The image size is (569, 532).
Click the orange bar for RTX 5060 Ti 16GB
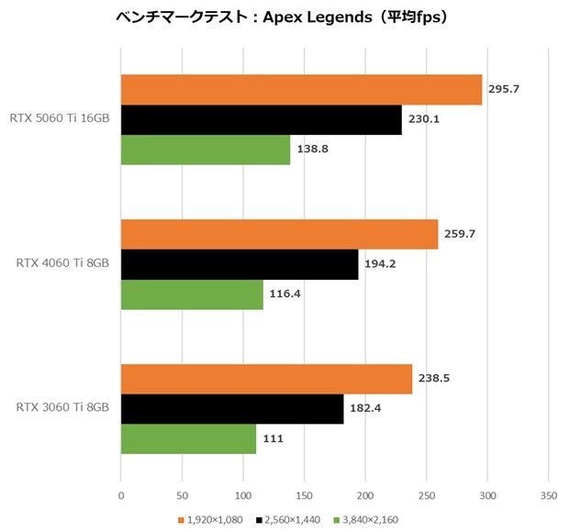[x=301, y=90]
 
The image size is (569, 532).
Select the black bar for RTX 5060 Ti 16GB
[x=261, y=120]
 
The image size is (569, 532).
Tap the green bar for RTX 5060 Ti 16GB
[x=206, y=150]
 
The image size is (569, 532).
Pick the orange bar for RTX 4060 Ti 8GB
[x=279, y=235]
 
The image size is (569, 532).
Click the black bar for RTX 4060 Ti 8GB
[x=240, y=265]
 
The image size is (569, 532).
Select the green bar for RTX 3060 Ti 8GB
[x=188, y=438]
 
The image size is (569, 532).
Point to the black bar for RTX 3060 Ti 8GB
[x=232, y=409]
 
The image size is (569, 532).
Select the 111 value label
[x=273, y=438]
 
